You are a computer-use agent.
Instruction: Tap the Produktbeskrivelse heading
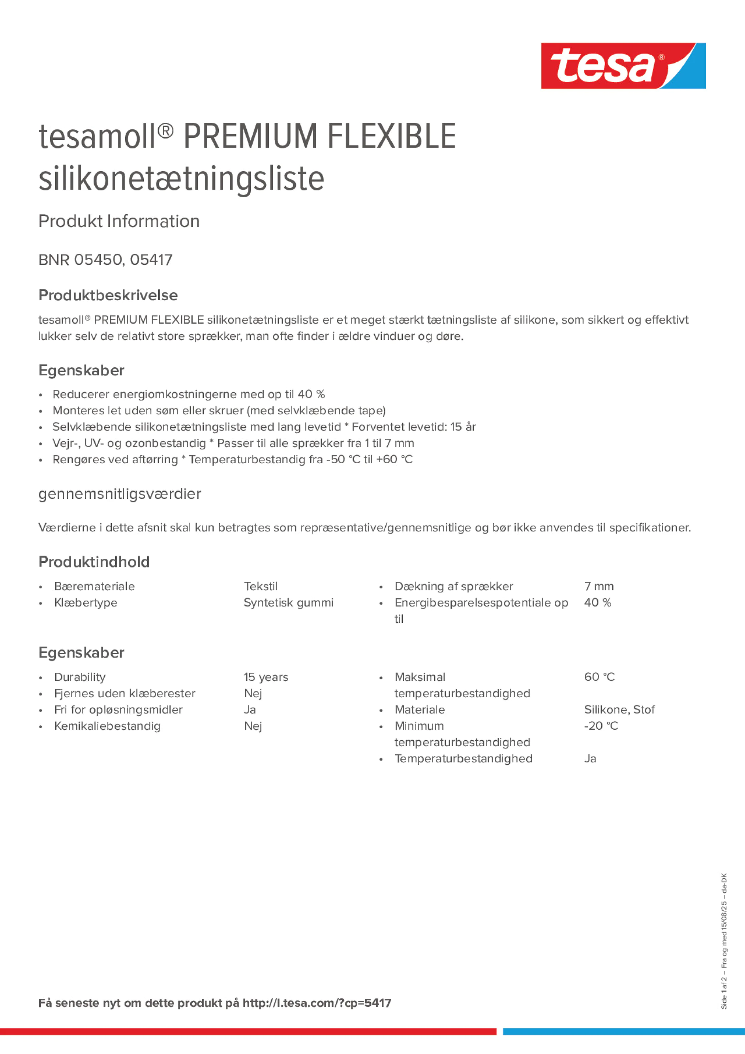click(108, 295)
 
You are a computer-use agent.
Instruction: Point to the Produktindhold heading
click(94, 562)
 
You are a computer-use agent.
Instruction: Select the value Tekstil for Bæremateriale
click(261, 586)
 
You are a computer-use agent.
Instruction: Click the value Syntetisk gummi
click(289, 602)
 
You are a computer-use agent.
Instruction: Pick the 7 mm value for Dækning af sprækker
click(599, 586)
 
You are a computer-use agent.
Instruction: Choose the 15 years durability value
click(266, 677)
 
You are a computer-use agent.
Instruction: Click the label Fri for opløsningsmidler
click(118, 710)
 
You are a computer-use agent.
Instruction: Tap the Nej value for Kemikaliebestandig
click(253, 726)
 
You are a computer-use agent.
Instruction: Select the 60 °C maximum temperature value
click(599, 677)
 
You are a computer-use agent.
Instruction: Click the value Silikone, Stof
click(619, 710)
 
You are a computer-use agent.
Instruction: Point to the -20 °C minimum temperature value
click(601, 726)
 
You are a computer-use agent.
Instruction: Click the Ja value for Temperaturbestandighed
click(590, 758)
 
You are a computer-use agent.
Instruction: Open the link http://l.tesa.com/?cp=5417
click(317, 1003)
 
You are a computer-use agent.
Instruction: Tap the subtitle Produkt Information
click(119, 221)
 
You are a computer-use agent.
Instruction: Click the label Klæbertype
click(85, 602)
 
